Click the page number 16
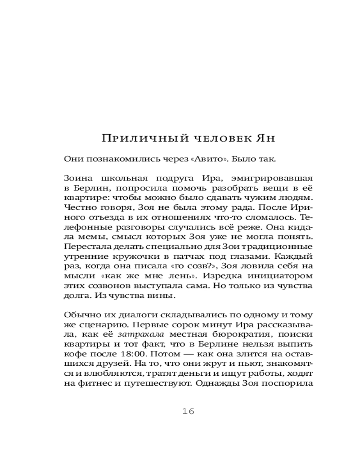point(188,411)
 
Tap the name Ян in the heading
point(266,139)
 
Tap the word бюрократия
point(234,334)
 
